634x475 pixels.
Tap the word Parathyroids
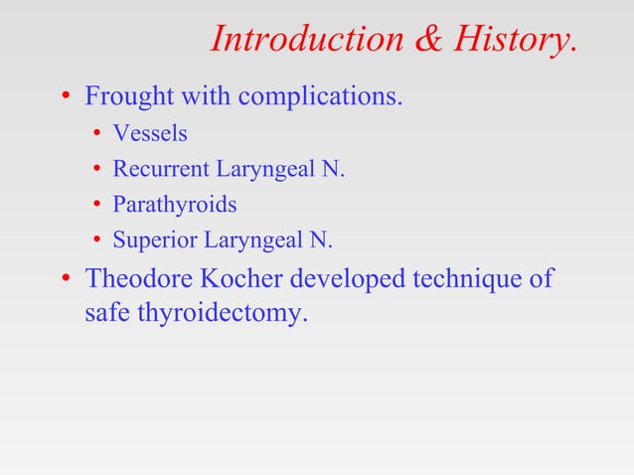(175, 205)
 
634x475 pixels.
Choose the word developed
(340, 279)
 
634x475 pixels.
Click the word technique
(468, 279)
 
